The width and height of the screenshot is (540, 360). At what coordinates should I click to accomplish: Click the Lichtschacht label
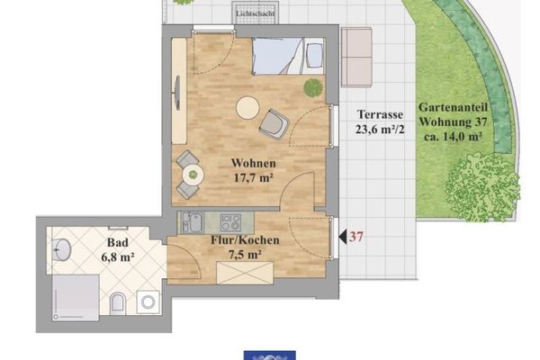(x=256, y=13)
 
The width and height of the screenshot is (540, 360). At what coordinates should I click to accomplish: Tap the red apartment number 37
(x=356, y=237)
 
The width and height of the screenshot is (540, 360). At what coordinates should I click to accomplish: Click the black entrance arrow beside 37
(x=343, y=237)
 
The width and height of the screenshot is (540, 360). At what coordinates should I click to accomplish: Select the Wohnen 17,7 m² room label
(x=254, y=170)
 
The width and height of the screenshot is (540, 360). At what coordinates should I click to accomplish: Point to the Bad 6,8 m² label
(x=118, y=249)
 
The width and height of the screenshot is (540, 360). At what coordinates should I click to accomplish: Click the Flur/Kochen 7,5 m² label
(x=245, y=247)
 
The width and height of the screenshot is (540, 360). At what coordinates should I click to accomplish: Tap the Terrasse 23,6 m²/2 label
(x=380, y=121)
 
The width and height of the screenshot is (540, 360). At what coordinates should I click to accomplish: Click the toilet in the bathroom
(x=118, y=303)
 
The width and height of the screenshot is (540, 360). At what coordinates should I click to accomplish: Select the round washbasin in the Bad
(x=62, y=249)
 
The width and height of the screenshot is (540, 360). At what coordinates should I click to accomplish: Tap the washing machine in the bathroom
(x=148, y=302)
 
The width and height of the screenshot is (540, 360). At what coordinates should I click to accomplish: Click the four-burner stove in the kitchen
(x=230, y=222)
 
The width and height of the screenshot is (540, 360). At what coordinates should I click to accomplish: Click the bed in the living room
(x=288, y=56)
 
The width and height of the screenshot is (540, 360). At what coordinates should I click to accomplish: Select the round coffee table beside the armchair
(x=247, y=108)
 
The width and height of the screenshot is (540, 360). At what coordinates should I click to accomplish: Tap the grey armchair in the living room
(x=274, y=123)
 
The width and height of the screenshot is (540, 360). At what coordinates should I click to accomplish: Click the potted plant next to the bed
(x=313, y=87)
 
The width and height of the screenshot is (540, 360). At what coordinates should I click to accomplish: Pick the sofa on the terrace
(x=356, y=58)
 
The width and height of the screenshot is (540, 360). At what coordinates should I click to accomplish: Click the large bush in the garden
(x=482, y=188)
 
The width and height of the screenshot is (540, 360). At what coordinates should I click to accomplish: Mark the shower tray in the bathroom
(x=76, y=298)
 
